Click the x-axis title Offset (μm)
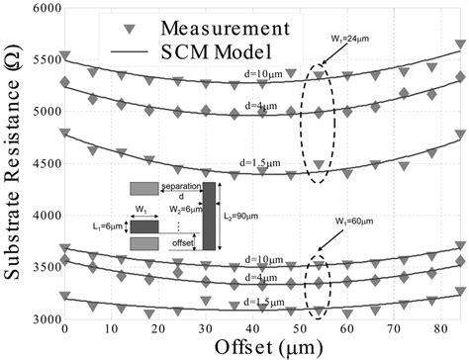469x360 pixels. (262, 347)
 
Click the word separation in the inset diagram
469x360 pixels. (180, 186)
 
